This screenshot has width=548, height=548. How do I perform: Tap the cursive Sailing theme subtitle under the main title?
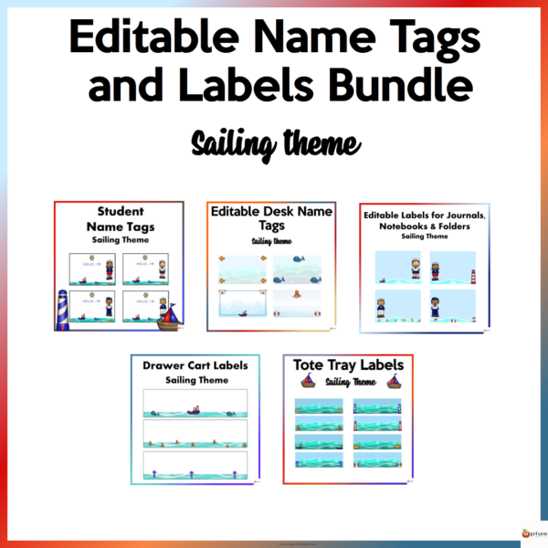[x=274, y=143]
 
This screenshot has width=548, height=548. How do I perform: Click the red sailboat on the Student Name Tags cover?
[x=170, y=316]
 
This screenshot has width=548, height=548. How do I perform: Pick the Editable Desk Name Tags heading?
[x=271, y=217]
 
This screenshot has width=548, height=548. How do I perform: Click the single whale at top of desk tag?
[x=299, y=260]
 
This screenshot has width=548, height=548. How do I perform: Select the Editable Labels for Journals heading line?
[x=424, y=216]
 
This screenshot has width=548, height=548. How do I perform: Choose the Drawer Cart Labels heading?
[x=195, y=366]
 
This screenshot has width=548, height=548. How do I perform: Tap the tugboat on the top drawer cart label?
[x=195, y=409]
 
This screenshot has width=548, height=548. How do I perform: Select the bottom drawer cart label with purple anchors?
[x=195, y=466]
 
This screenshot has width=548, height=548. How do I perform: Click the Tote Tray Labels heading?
[x=347, y=365]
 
